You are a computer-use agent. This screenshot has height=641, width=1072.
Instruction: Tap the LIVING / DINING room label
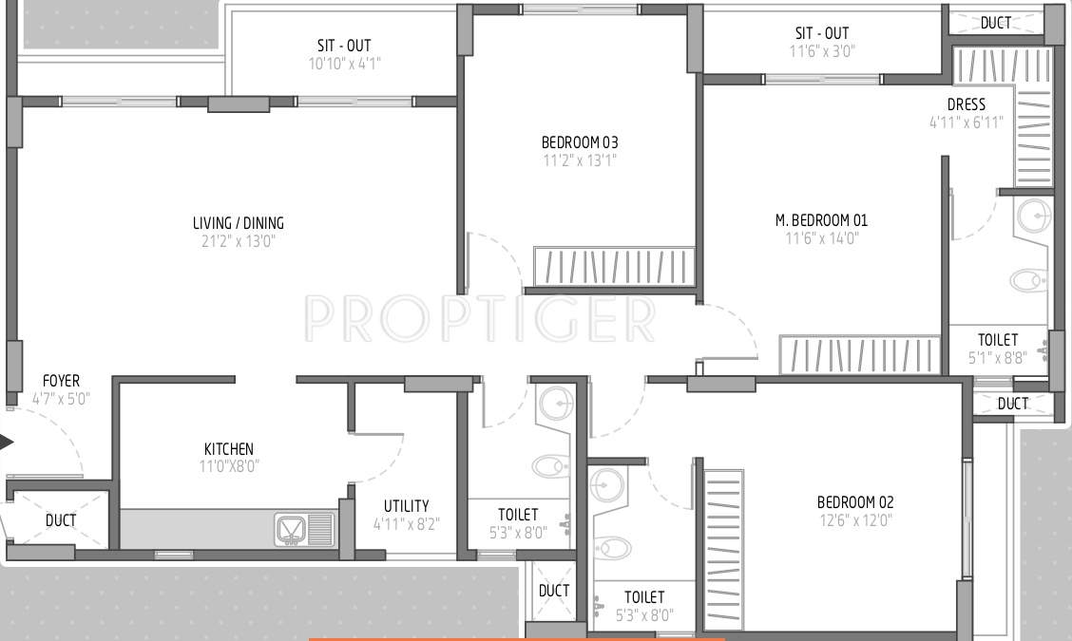click(x=239, y=224)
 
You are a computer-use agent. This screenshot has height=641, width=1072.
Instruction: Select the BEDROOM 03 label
click(x=579, y=142)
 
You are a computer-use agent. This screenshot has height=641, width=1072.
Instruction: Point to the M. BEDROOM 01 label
click(x=821, y=220)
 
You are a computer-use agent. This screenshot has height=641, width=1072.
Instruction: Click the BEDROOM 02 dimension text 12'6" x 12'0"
click(x=855, y=520)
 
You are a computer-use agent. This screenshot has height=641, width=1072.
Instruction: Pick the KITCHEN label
click(x=229, y=449)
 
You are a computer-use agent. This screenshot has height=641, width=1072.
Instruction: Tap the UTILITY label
click(x=406, y=506)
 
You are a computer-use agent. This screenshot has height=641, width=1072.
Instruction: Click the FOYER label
click(x=61, y=382)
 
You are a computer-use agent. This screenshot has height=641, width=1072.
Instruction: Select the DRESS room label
click(x=967, y=104)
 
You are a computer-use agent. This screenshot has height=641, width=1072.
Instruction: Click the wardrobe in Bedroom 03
click(x=614, y=267)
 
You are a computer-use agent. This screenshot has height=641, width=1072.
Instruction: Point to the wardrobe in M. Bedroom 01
click(x=859, y=355)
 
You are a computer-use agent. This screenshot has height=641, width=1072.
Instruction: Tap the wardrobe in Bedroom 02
click(x=722, y=551)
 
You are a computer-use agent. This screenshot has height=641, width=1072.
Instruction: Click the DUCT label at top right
click(x=996, y=23)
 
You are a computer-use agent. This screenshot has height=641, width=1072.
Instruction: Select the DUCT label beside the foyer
click(x=61, y=520)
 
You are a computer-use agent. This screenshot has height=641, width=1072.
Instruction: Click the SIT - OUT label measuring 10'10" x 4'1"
click(x=344, y=46)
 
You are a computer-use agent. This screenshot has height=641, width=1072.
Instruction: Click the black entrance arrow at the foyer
click(x=7, y=442)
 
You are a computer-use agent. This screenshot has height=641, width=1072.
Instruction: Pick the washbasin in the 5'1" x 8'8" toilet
click(x=1033, y=217)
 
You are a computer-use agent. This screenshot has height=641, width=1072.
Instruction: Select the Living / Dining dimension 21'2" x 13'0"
click(x=239, y=241)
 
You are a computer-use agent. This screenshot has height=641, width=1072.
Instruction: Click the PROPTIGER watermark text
click(x=480, y=319)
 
